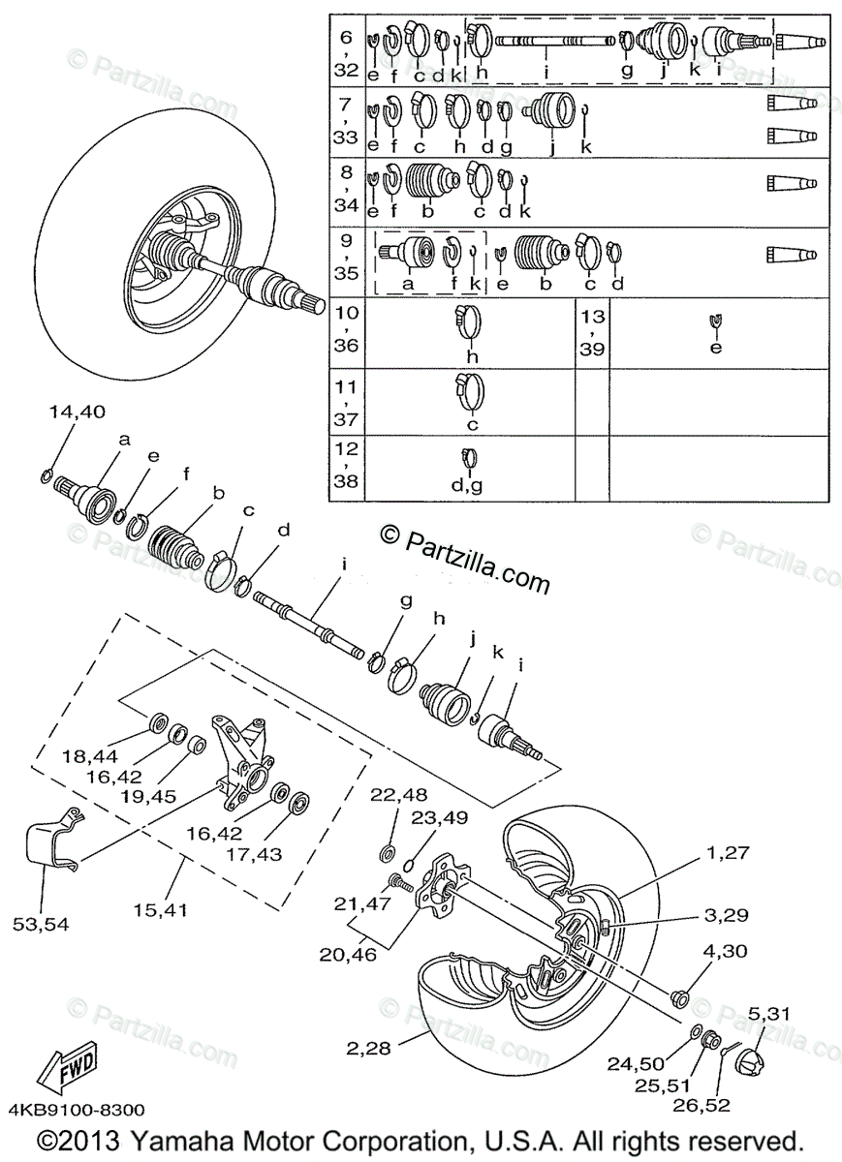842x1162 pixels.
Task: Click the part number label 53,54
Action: [x=42, y=924]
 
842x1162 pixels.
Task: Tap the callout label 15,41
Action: [x=162, y=909]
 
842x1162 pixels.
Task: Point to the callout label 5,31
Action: [x=769, y=1014]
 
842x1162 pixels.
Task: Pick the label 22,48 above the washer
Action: [x=397, y=795]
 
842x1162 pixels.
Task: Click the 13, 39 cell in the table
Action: [x=593, y=331]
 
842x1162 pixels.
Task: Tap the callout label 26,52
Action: [x=704, y=1104]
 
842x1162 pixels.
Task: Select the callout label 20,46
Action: [x=344, y=953]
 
